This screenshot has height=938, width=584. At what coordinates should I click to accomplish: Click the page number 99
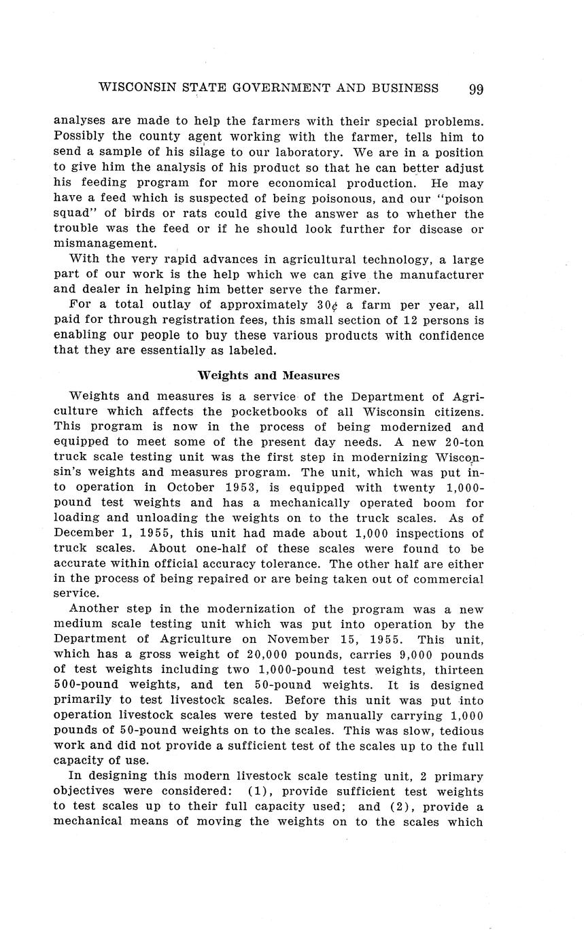(x=475, y=89)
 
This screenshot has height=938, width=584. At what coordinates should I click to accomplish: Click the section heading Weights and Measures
(x=269, y=375)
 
